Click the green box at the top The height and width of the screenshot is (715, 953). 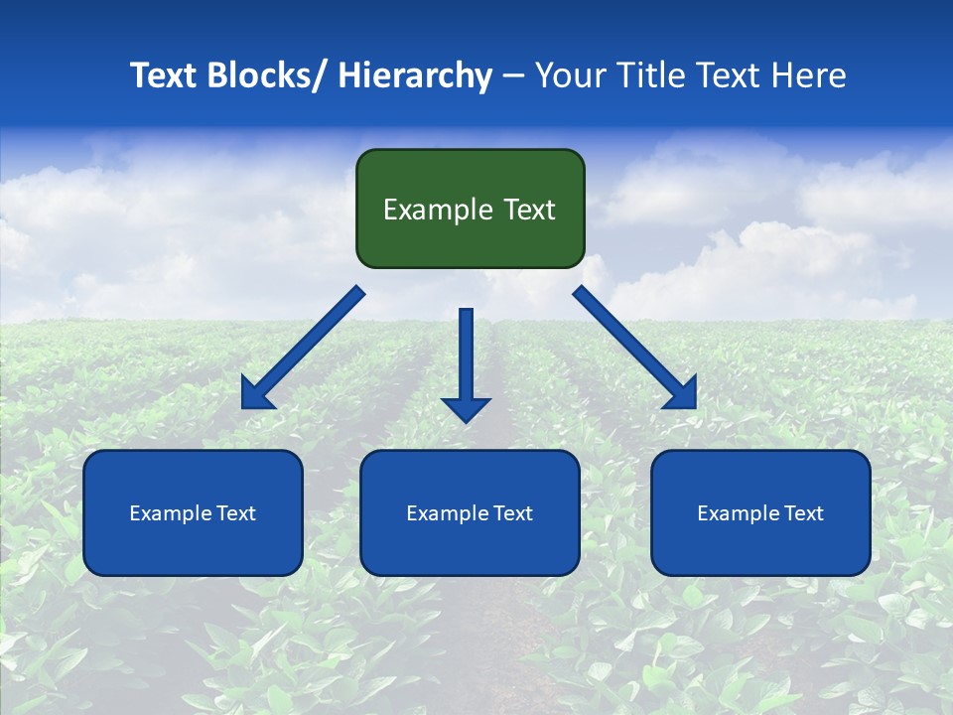pyautogui.click(x=470, y=209)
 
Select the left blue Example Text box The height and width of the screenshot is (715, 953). pyautogui.click(x=193, y=512)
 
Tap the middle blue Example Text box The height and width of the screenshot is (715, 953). pyautogui.click(x=470, y=512)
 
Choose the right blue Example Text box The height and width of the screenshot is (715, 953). pyautogui.click(x=760, y=512)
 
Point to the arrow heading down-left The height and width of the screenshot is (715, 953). pyautogui.click(x=303, y=348)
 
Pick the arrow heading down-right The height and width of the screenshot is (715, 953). pyautogui.click(x=635, y=348)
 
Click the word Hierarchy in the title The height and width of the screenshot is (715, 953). pyautogui.click(x=415, y=75)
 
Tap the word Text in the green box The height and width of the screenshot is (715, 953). pyautogui.click(x=529, y=210)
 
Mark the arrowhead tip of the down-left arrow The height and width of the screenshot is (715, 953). pyautogui.click(x=245, y=405)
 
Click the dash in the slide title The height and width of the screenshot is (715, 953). pyautogui.click(x=513, y=76)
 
